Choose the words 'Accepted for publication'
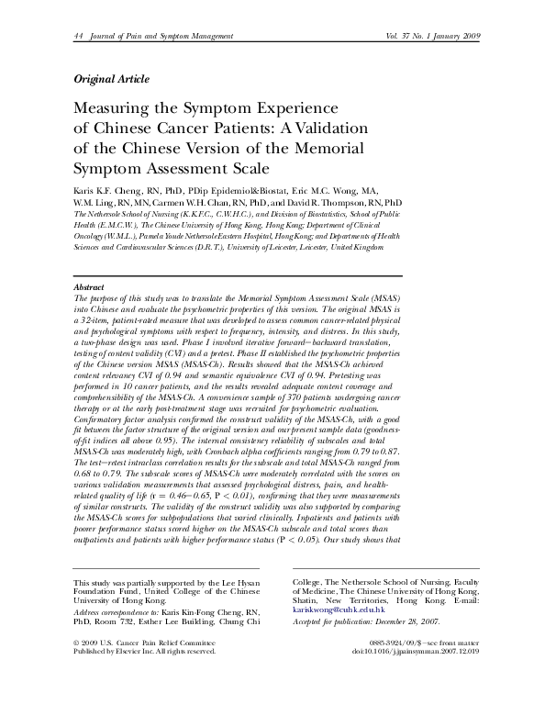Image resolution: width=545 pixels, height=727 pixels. tap(336, 621)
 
